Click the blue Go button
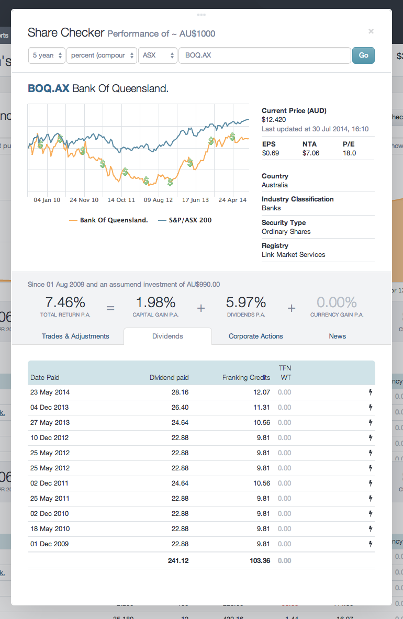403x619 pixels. point(363,55)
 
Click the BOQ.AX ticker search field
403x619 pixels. point(264,55)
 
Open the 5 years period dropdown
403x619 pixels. point(47,55)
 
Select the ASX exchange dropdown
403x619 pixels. point(158,55)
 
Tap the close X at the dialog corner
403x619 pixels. point(371,31)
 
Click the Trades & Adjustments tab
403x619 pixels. point(75,336)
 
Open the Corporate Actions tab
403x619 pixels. point(255,336)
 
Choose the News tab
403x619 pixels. point(337,336)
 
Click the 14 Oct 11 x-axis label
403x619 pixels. point(121,200)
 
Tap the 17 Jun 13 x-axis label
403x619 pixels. point(195,200)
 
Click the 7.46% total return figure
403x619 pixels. point(65,302)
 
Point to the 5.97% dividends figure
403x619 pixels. point(246,302)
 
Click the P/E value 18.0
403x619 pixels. point(349,153)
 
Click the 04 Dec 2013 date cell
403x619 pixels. point(50,407)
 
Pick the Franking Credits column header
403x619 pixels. point(246,377)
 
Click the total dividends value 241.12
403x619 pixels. point(178,560)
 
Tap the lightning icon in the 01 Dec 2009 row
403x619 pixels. point(371,544)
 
